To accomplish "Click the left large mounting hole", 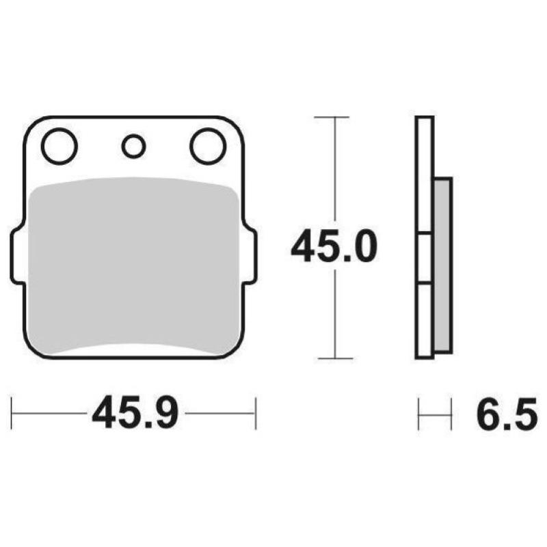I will (59, 146).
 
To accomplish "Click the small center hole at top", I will (133, 146).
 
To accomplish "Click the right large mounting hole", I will (208, 146).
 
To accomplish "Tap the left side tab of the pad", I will (17, 256).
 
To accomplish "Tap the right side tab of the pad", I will (250, 256).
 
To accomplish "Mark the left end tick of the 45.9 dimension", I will (12, 414).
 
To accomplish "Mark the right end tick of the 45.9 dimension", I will (255, 414).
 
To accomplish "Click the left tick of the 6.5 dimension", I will (418, 414).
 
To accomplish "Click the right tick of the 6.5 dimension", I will (451, 414).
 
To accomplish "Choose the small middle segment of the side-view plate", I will (425, 258).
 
